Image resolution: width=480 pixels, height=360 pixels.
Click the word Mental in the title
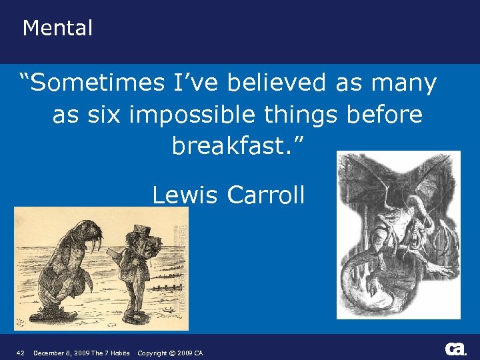57,28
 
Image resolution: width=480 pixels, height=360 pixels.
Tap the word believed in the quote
277,83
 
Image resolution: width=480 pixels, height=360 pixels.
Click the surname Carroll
265,195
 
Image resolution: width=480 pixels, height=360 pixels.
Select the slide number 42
21,353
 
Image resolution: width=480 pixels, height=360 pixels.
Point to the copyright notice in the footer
170,353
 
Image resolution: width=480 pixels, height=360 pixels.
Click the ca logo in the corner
455,349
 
